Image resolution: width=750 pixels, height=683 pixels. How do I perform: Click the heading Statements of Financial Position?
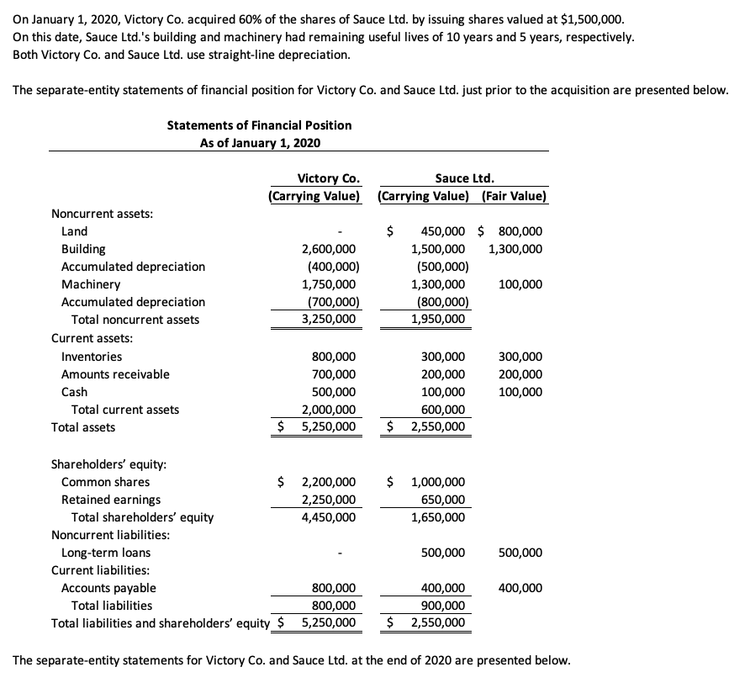[x=259, y=125]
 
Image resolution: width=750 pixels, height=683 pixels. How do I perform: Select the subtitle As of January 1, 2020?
[x=259, y=143]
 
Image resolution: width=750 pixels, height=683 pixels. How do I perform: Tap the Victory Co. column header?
[x=329, y=178]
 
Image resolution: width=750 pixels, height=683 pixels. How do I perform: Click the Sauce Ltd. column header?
[x=464, y=178]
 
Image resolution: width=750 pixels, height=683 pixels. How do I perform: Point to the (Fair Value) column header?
[x=514, y=197]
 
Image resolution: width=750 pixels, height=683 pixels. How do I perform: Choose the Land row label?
[x=74, y=231]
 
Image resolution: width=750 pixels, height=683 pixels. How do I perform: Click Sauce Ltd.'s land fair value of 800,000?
[x=520, y=231]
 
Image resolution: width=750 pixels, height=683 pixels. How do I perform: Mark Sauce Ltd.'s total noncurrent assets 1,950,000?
[x=437, y=320]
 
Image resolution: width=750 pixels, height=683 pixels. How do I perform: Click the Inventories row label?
[x=92, y=357]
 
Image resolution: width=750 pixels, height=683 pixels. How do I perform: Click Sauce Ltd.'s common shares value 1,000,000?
[x=437, y=482]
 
